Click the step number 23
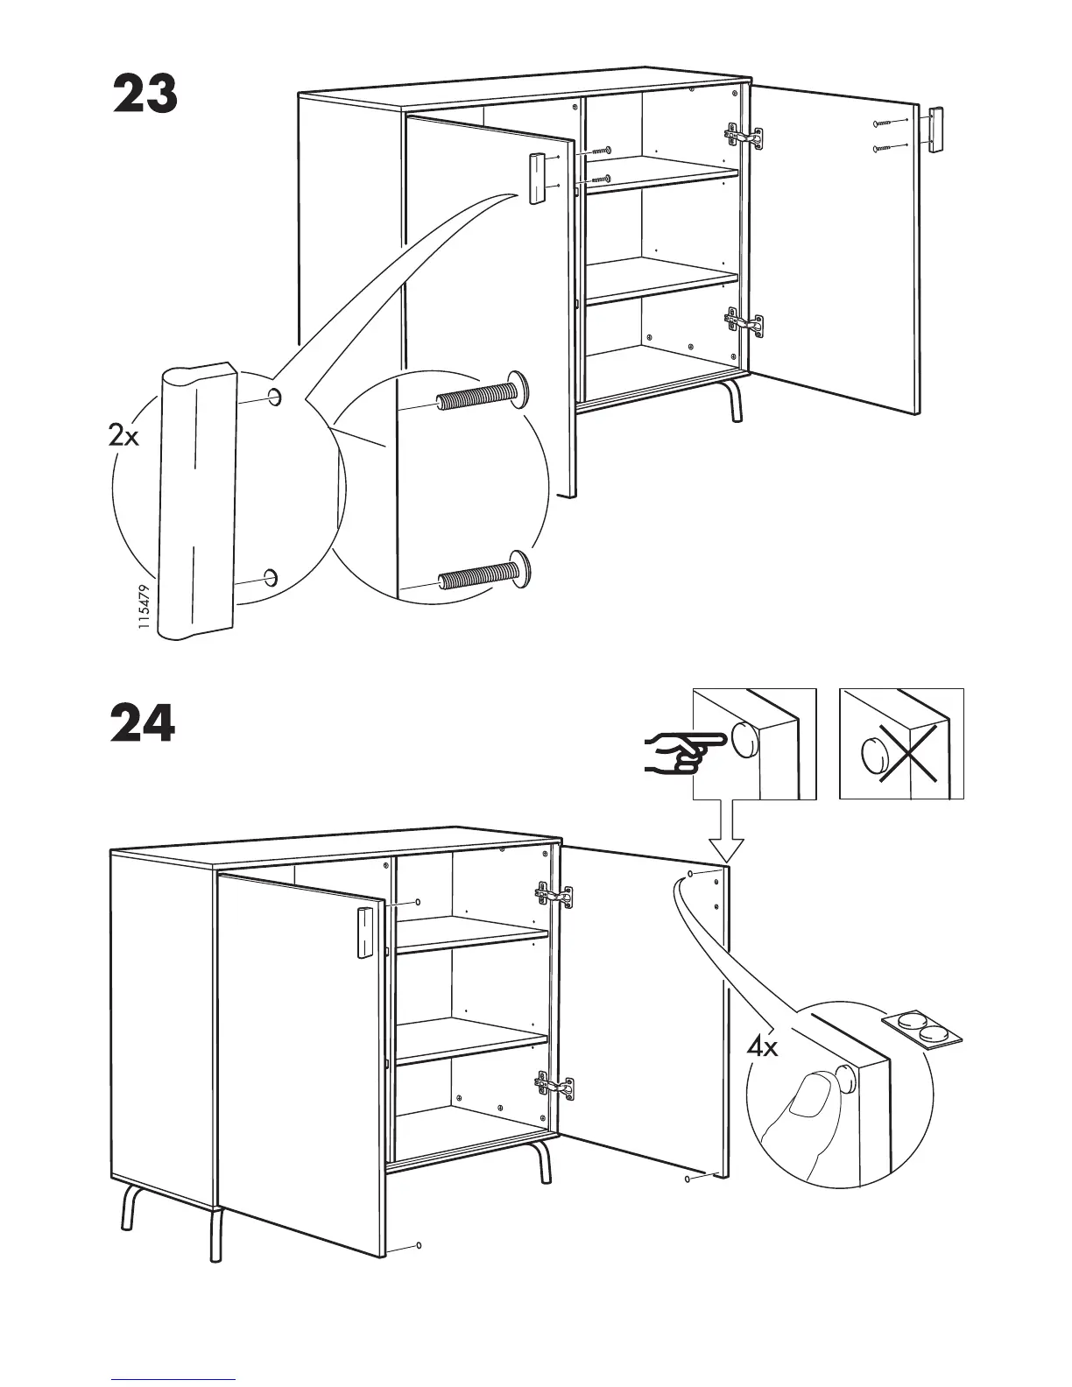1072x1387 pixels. coord(145,95)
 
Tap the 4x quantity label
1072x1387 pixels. coord(762,1046)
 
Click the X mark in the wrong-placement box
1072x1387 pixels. coord(914,753)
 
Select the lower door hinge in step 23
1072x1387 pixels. coord(744,322)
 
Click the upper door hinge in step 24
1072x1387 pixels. coord(555,895)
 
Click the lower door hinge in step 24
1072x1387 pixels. coord(555,1087)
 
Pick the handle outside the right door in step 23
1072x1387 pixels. coord(935,130)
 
